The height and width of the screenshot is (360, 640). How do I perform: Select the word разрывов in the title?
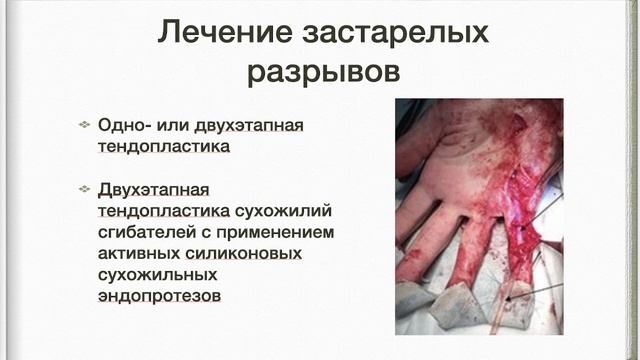(322, 73)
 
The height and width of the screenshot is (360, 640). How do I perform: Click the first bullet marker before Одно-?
(84, 125)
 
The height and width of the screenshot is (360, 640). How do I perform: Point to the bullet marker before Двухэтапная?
(84, 190)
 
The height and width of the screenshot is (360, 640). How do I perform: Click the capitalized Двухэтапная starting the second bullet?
(157, 190)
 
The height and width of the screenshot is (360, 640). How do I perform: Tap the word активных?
(138, 253)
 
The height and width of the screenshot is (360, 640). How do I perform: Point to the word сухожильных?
(155, 275)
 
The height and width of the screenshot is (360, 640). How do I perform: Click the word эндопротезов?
(159, 296)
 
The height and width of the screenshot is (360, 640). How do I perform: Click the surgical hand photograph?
(479, 215)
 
